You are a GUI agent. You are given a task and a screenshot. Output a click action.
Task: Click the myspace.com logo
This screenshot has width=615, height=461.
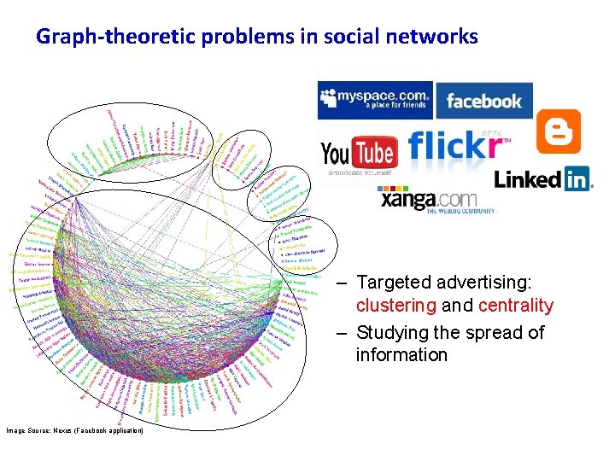click(x=375, y=100)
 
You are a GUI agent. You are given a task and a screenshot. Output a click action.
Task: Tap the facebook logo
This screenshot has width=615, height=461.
click(x=483, y=101)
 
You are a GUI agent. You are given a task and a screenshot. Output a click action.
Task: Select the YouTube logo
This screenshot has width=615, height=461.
click(x=358, y=154)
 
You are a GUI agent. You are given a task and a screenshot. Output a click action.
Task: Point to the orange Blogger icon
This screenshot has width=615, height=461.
click(x=559, y=131)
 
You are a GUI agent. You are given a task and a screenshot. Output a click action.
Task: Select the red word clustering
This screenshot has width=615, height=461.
click(x=395, y=306)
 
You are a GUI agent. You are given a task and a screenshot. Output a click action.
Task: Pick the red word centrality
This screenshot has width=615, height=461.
click(x=516, y=306)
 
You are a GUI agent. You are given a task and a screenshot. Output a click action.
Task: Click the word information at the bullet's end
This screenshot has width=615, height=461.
click(x=401, y=355)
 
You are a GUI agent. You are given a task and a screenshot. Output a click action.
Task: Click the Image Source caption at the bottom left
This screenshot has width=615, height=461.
click(x=75, y=430)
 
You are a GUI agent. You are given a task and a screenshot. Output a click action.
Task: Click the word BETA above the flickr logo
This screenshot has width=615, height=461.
click(x=490, y=133)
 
